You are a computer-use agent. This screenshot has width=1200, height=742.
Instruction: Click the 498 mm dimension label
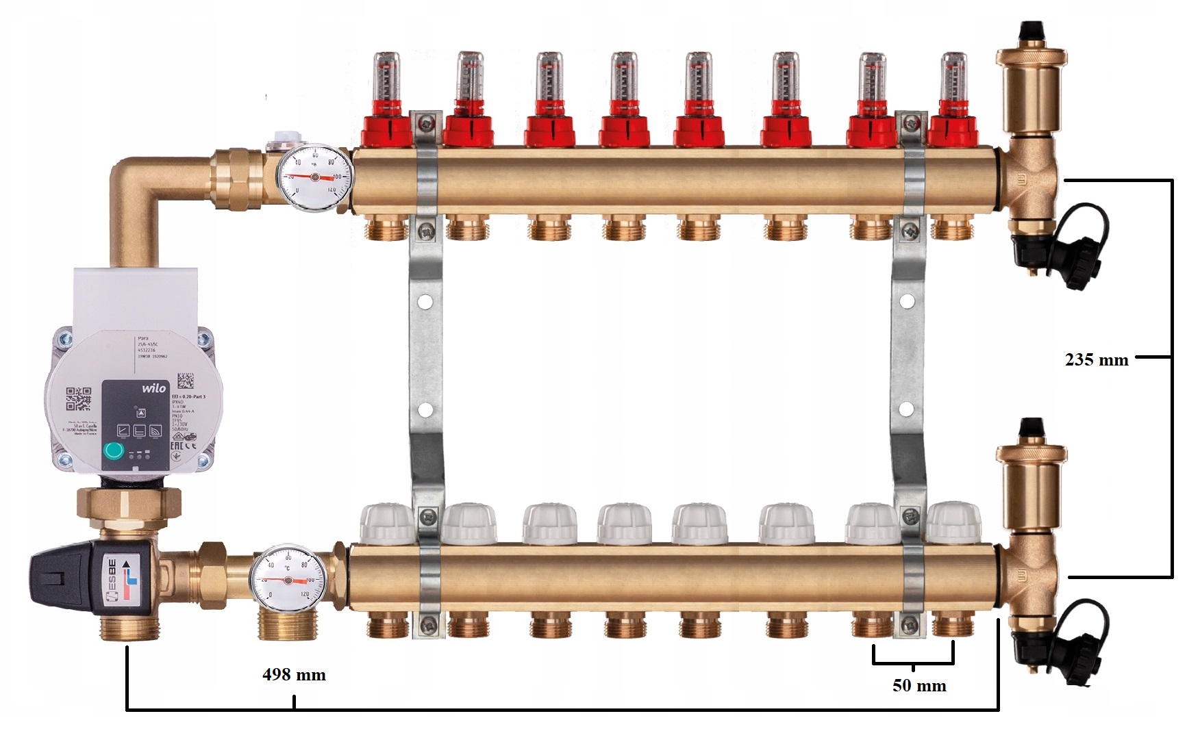294,675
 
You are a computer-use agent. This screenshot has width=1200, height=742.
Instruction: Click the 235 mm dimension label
1096,359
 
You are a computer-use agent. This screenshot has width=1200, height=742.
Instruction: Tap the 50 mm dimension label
919,686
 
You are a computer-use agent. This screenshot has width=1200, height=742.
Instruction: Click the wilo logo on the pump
153,388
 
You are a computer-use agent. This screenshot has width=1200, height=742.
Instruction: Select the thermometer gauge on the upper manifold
314,176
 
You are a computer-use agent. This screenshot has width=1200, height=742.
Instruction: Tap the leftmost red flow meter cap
389,131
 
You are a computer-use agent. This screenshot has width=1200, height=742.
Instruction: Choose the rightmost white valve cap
953,523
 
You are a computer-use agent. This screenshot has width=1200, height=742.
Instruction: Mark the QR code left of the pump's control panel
78,399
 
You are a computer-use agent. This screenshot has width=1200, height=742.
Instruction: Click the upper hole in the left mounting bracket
424,300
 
